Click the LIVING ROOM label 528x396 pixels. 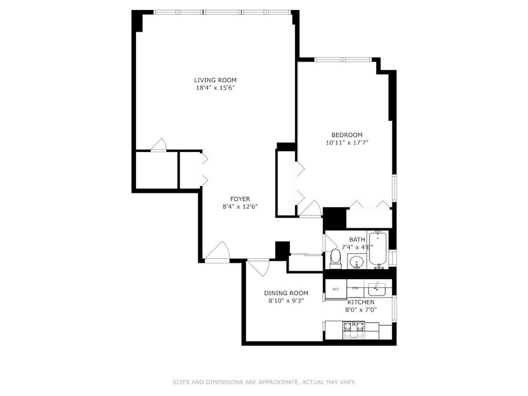point(215,80)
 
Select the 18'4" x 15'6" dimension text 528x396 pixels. point(215,88)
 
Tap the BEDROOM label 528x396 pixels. point(347,135)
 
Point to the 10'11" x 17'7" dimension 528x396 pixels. point(347,143)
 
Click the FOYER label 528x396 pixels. point(240,199)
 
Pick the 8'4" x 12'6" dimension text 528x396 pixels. point(240,207)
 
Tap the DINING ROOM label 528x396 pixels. point(286,293)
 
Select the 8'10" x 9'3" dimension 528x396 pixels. point(286,301)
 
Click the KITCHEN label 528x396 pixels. point(361,302)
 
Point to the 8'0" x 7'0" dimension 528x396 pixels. point(361,310)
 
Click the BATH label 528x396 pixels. point(357,239)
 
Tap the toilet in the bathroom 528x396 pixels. point(336,259)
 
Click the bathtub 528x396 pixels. point(379,249)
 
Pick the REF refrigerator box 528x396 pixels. point(336,289)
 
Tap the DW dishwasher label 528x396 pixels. point(355,288)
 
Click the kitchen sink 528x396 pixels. point(377,289)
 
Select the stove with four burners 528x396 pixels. point(354,330)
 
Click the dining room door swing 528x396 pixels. point(259,268)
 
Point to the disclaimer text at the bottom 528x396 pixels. point(264,382)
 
